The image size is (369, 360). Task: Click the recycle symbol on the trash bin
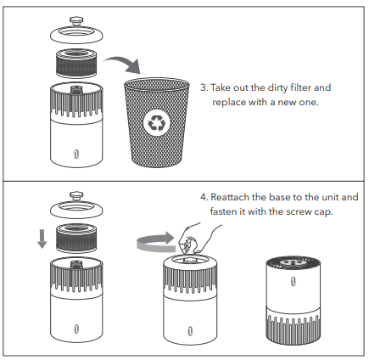pyautogui.click(x=156, y=123)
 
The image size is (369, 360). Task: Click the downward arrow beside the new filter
pyautogui.click(x=42, y=239)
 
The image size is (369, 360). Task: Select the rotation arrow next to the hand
pyautogui.click(x=155, y=242)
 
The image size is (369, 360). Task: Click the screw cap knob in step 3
pyautogui.click(x=76, y=20)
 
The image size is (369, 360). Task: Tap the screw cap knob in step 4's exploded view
pyautogui.click(x=76, y=195)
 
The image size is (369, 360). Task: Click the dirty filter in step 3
pyautogui.click(x=76, y=63)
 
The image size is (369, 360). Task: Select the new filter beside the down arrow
pyautogui.click(x=76, y=238)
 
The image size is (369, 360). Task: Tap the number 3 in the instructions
pyautogui.click(x=204, y=87)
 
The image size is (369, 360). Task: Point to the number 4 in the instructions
pyautogui.click(x=204, y=197)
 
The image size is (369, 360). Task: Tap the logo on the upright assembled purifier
pyautogui.click(x=294, y=282)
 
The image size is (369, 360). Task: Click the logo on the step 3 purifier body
pyautogui.click(x=76, y=155)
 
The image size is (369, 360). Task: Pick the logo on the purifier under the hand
pyautogui.click(x=190, y=331)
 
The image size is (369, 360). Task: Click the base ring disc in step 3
pyautogui.click(x=76, y=35)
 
